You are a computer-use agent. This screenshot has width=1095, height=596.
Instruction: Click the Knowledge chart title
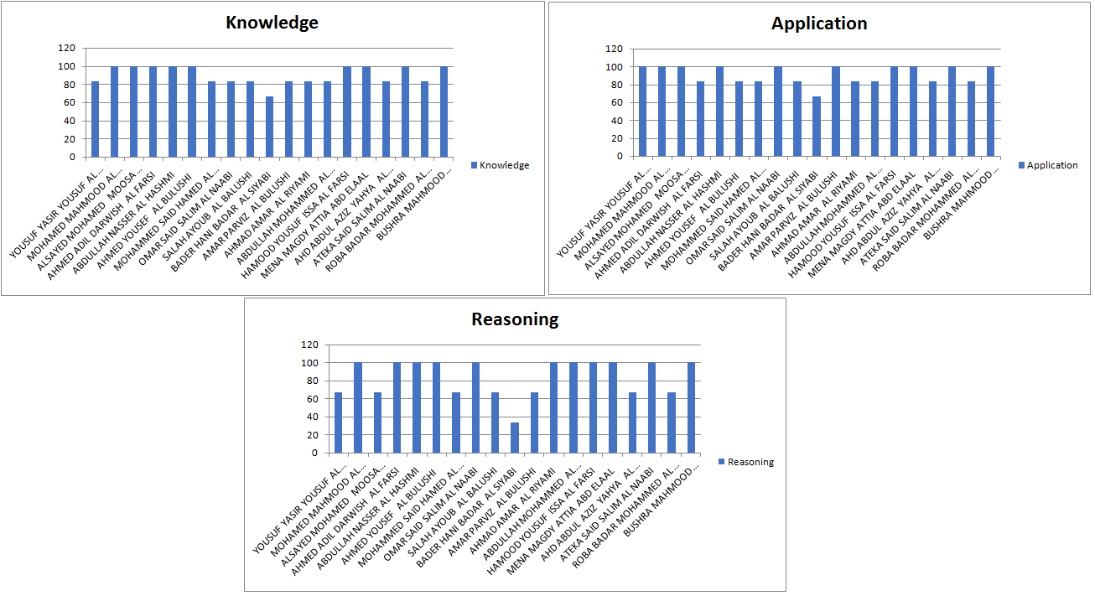pyautogui.click(x=272, y=23)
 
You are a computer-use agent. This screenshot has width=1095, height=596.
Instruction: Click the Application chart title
pyautogui.click(x=819, y=23)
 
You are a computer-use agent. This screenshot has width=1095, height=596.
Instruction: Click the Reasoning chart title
pyautogui.click(x=515, y=319)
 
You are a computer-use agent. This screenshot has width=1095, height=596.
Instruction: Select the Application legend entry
pyautogui.click(x=1047, y=165)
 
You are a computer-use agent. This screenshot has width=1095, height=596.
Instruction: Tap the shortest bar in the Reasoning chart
pyautogui.click(x=515, y=438)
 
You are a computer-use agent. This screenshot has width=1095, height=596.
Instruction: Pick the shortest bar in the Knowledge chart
pyautogui.click(x=269, y=127)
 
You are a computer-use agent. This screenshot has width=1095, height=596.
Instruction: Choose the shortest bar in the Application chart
pyautogui.click(x=817, y=127)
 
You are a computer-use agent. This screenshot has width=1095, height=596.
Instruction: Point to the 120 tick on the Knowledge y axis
pyautogui.click(x=66, y=49)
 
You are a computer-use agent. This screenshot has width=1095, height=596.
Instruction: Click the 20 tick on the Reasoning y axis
pyautogui.click(x=313, y=435)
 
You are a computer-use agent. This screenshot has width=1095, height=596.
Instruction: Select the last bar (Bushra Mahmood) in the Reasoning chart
pyautogui.click(x=691, y=407)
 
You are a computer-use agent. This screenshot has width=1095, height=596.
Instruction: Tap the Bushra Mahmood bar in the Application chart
pyautogui.click(x=990, y=111)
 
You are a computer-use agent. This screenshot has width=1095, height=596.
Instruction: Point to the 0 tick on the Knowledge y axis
pyautogui.click(x=71, y=157)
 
